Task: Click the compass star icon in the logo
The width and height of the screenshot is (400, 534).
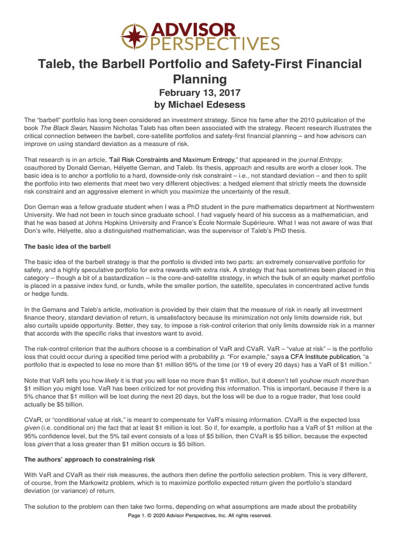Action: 134,37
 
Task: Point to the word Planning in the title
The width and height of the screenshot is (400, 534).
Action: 199,79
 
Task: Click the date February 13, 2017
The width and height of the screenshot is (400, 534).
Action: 199,93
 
